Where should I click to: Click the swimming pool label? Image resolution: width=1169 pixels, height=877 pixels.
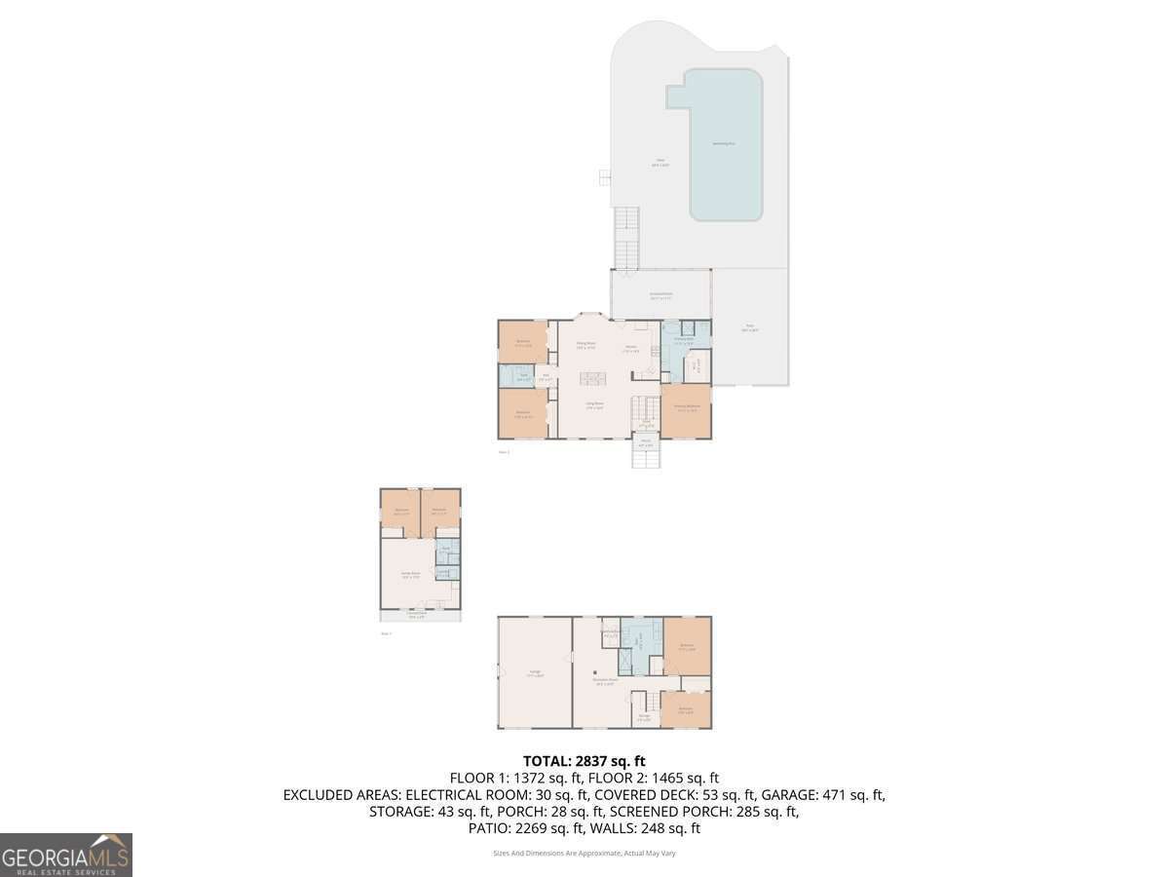(x=724, y=143)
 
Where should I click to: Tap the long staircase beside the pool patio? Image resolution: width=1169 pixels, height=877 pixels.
(x=624, y=238)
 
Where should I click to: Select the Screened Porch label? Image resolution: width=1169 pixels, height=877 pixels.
(x=660, y=295)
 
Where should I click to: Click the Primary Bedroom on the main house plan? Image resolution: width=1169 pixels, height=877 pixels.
(x=686, y=409)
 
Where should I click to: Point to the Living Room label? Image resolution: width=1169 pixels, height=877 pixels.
(x=593, y=404)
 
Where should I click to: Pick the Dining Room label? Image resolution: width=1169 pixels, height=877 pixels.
(x=584, y=345)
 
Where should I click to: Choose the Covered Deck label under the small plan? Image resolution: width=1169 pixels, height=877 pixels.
(x=417, y=615)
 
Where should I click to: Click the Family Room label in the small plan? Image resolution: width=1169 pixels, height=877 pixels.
(x=409, y=575)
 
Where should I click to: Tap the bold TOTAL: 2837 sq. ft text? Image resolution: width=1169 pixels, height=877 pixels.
(x=584, y=761)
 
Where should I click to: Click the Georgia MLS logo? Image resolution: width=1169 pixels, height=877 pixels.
(x=66, y=855)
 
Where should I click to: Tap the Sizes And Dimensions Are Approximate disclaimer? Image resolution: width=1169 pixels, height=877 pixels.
(x=584, y=854)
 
